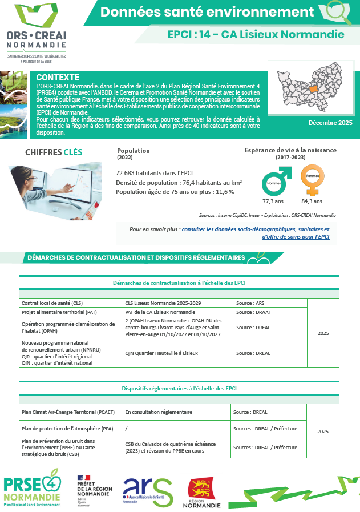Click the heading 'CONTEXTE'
[58, 78]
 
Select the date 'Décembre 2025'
[330, 123]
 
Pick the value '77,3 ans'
[273, 201]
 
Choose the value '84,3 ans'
[312, 201]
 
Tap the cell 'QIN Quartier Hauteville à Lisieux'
[161, 353]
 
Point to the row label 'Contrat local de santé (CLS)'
[52, 303]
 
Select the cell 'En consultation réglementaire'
[159, 412]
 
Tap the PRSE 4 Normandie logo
[32, 487]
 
